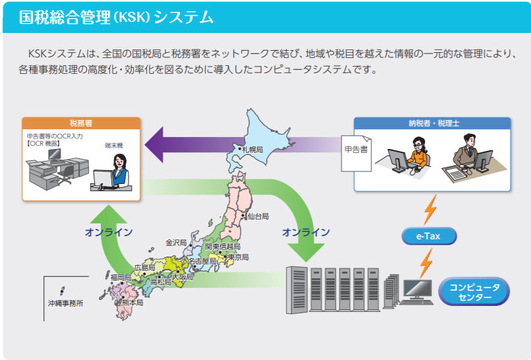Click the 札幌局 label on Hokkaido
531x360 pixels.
click(x=252, y=150)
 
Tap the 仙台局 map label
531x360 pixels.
click(x=258, y=216)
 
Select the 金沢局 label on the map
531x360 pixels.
click(x=177, y=242)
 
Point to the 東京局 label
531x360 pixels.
click(x=237, y=257)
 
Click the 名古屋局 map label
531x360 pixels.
click(x=202, y=262)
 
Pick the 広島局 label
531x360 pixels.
click(x=144, y=268)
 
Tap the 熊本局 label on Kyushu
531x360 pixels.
click(x=132, y=303)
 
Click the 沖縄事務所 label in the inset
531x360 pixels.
click(x=65, y=305)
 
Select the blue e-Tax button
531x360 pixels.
click(x=429, y=235)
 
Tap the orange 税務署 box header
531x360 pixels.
click(x=81, y=123)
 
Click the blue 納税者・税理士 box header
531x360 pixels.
click(x=432, y=123)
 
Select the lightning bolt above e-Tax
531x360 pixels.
click(x=430, y=208)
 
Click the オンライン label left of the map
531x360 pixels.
click(x=109, y=232)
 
